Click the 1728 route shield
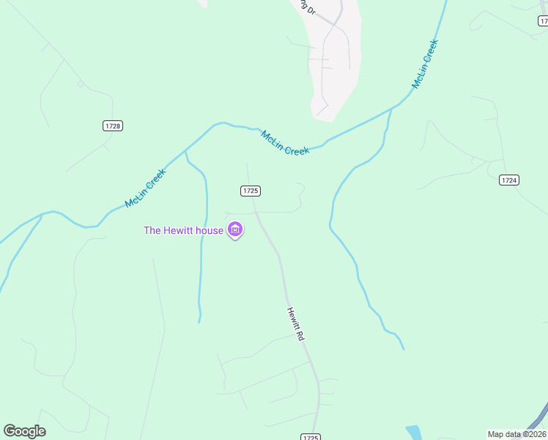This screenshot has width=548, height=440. click(113, 126)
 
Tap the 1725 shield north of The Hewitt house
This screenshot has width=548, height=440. click(250, 191)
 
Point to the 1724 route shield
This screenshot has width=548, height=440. click(509, 180)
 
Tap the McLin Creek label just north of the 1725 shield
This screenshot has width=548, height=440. click(285, 142)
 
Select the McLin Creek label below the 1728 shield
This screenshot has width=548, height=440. click(146, 188)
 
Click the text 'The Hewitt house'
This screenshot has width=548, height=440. click(183, 230)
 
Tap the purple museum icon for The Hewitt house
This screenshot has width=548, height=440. click(235, 230)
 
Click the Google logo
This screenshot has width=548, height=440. click(24, 431)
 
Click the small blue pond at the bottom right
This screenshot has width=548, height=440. click(414, 433)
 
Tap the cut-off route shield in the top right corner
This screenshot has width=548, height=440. click(542, 21)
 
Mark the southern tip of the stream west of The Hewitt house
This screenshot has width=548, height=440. click(199, 321)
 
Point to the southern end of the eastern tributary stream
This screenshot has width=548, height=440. click(403, 348)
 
